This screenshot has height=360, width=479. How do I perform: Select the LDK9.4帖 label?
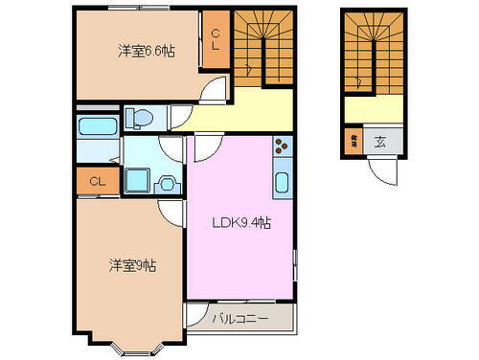click(239, 223)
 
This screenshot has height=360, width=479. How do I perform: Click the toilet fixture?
click(140, 117)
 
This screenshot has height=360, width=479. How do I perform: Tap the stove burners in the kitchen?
click(283, 147)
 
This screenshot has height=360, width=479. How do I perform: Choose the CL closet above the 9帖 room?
click(96, 179)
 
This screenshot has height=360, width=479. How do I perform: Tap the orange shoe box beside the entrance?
click(352, 142)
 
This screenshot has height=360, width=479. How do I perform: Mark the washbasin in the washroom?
click(169, 181)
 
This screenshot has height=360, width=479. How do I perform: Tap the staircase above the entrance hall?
click(369, 57)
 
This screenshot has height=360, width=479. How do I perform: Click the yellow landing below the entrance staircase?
click(369, 111)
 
